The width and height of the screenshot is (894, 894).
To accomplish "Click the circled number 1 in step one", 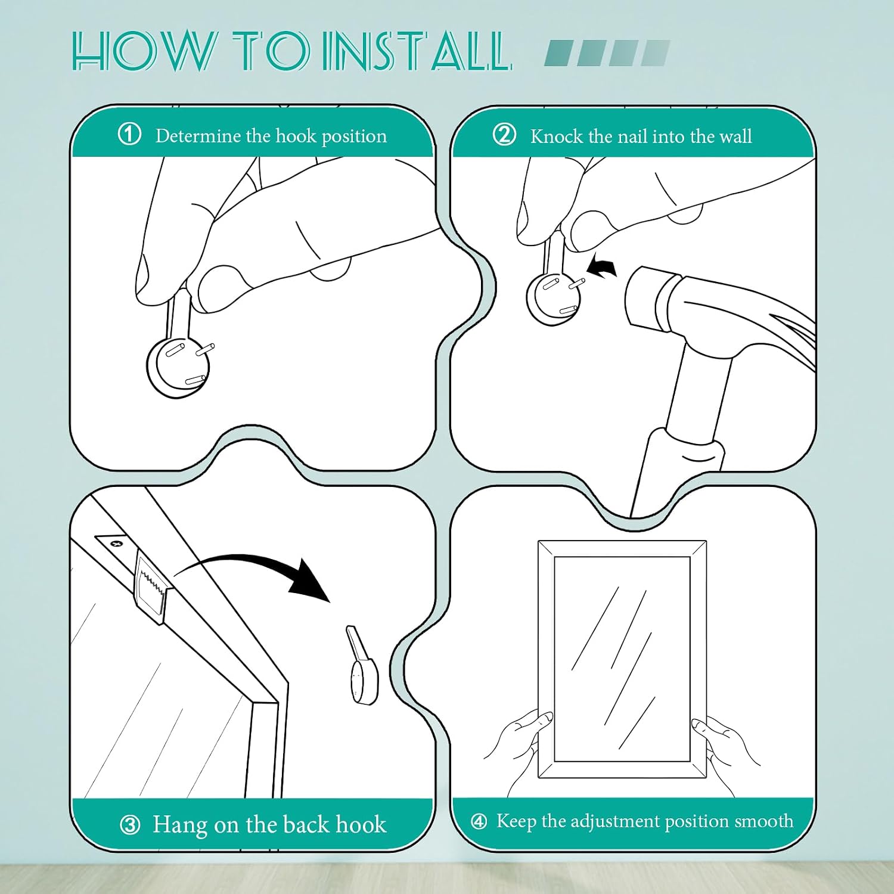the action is (x=130, y=135).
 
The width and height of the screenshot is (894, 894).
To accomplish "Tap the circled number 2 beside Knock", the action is (x=504, y=135).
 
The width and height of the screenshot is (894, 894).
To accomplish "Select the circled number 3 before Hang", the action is (x=130, y=825).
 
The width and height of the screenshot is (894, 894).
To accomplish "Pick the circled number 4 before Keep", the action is (x=479, y=822).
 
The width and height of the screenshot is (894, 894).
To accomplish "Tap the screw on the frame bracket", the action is (x=117, y=543).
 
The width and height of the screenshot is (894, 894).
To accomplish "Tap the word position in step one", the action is (x=354, y=137).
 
